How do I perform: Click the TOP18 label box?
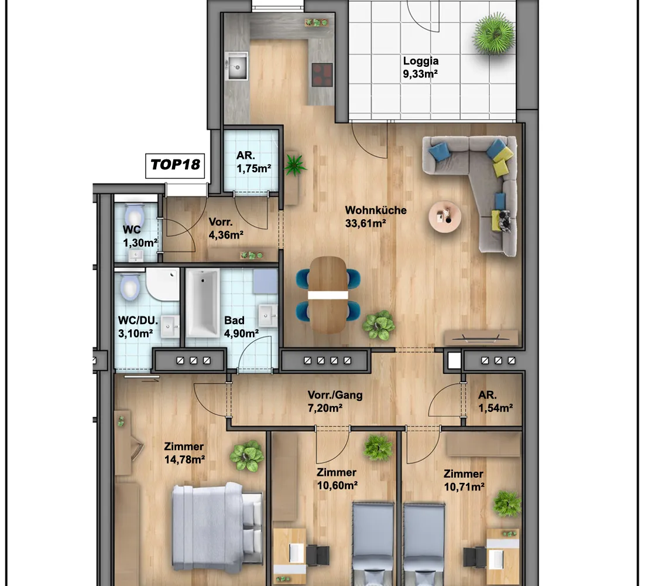coord(175,166)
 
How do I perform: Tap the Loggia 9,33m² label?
coord(420,67)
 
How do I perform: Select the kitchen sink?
coord(236,66)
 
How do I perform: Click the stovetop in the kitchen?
coord(322,75)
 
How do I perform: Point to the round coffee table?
coord(445,216)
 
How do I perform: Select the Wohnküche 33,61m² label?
coord(376,217)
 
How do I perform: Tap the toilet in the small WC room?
coord(134,216)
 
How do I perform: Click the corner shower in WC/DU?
coord(163,284)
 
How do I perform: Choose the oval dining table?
coord(328,294)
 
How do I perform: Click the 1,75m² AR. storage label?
coord(253,162)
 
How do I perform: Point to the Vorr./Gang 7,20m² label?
coord(335,401)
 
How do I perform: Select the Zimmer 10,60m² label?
coord(337,479)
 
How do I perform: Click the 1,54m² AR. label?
coord(495,401)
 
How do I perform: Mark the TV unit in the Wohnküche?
coord(481,338)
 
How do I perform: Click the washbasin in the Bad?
coord(267,316)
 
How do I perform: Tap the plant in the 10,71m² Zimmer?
coord(507,503)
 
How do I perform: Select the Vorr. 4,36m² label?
coord(226,229)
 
